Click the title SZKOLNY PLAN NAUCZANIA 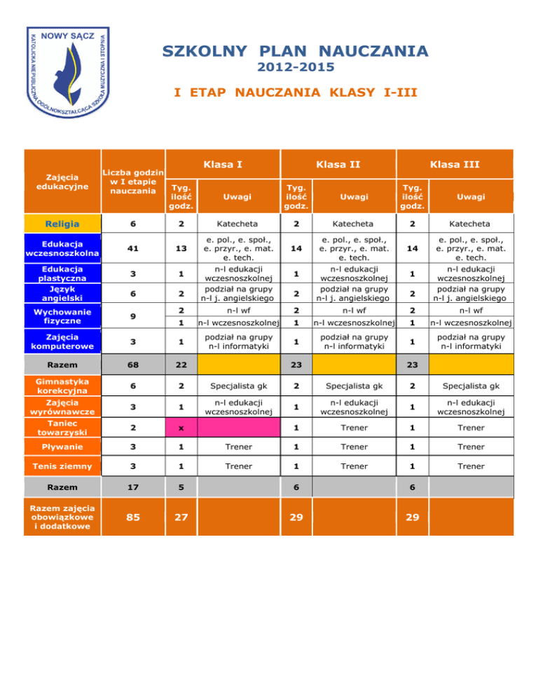(294, 51)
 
